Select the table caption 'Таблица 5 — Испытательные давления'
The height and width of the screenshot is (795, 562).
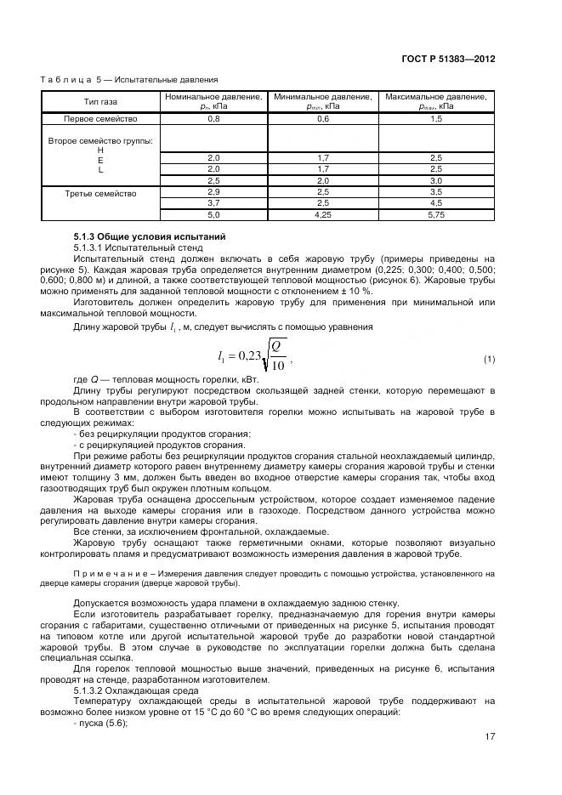click(129, 80)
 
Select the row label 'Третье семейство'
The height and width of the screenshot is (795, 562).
click(100, 193)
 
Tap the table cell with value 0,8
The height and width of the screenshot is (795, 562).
click(213, 119)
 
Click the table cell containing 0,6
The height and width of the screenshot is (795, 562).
click(323, 119)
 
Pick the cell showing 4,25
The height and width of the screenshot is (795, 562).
click(323, 217)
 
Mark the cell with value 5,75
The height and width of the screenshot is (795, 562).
click(436, 217)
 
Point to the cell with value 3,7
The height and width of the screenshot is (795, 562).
click(213, 205)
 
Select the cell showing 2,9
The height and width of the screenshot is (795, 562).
click(213, 193)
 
